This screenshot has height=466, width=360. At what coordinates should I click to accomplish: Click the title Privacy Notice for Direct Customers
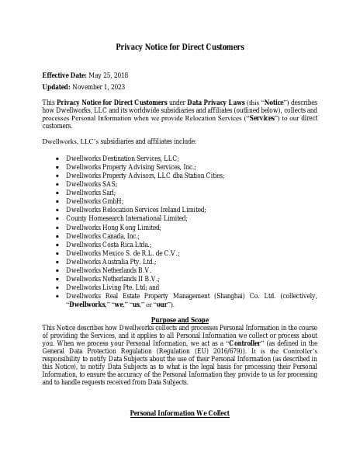[x=180, y=47]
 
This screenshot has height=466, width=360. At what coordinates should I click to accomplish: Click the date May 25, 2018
[x=112, y=75]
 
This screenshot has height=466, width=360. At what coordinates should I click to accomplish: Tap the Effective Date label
[x=65, y=75]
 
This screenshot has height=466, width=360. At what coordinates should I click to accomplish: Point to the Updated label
[x=56, y=87]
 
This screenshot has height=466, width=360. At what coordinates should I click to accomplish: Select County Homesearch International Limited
[x=126, y=218]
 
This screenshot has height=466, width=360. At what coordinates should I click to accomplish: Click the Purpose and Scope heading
[x=179, y=320]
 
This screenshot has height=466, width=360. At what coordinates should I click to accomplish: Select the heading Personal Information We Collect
[x=179, y=413]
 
